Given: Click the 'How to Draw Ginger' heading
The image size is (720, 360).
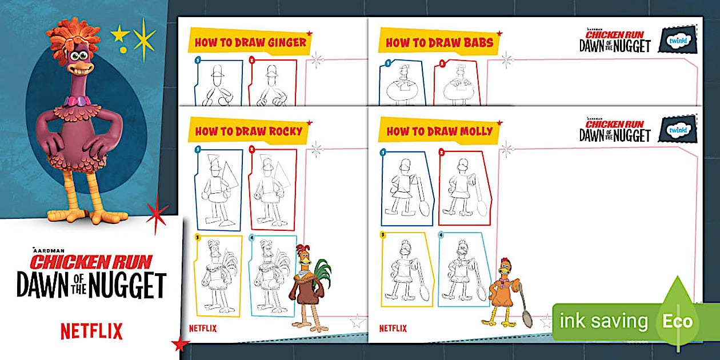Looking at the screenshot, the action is click(x=250, y=42).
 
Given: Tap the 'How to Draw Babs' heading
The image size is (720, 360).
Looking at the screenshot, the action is click(x=439, y=42).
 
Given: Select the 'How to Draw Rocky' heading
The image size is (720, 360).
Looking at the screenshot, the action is click(x=249, y=131).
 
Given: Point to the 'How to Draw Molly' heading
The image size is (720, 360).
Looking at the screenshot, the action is click(x=439, y=131).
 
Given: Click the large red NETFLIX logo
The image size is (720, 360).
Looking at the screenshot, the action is click(x=91, y=331).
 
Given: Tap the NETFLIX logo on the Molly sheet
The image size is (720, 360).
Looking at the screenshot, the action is click(x=393, y=328).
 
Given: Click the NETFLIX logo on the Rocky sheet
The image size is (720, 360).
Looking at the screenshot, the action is click(x=203, y=328).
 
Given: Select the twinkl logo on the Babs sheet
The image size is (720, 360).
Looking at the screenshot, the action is click(x=678, y=41).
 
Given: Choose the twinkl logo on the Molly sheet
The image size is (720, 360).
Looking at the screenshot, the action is click(x=678, y=130).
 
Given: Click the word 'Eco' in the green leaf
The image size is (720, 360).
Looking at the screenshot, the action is click(x=677, y=321).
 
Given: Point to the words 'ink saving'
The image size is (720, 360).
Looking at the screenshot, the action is click(x=603, y=321).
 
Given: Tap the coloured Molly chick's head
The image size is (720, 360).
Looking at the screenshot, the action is click(x=505, y=267).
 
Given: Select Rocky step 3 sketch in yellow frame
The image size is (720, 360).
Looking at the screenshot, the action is click(x=218, y=276).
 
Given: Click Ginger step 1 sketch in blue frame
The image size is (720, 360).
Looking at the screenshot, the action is click(x=218, y=82).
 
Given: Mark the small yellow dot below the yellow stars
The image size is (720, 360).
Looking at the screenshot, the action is click(x=123, y=50).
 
